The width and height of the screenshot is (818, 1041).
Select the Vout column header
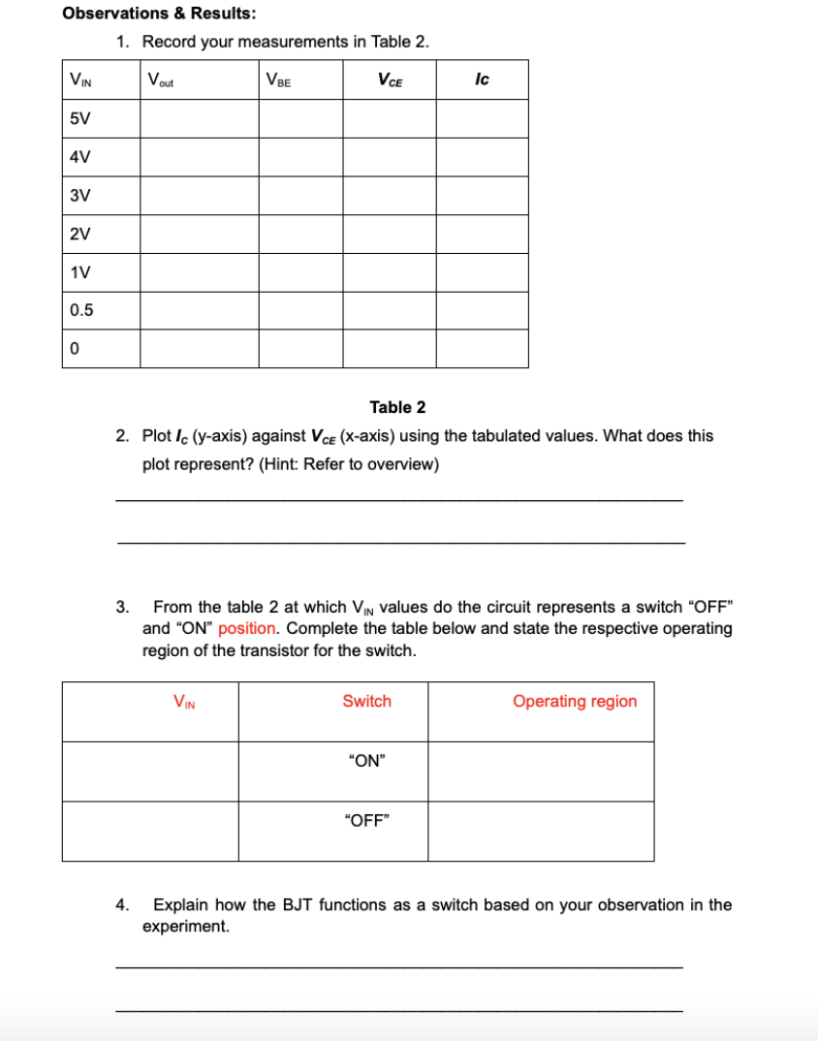[x=162, y=79]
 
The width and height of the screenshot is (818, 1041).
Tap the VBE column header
[x=278, y=79]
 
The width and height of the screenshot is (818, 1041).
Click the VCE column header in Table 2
[x=389, y=79]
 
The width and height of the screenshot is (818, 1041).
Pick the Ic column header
[x=482, y=79]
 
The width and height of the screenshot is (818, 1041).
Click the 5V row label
[x=80, y=118]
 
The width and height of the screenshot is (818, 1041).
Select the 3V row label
[x=80, y=195]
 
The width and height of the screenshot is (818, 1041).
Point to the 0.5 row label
[x=82, y=310]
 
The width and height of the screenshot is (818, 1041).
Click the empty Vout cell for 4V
[x=199, y=156]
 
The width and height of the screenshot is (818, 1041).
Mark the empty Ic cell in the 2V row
[x=482, y=234]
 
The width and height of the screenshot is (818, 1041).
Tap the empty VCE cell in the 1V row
[x=389, y=272]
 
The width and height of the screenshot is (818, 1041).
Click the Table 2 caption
[x=397, y=407]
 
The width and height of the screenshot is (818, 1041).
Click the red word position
[x=247, y=628]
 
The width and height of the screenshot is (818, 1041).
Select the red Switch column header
[x=366, y=701]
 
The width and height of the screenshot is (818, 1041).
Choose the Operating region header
[x=575, y=701]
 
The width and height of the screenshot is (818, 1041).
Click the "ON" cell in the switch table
[x=366, y=761]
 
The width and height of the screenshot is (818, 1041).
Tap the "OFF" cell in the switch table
[x=366, y=820]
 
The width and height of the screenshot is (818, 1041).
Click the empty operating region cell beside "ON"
[x=541, y=772]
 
